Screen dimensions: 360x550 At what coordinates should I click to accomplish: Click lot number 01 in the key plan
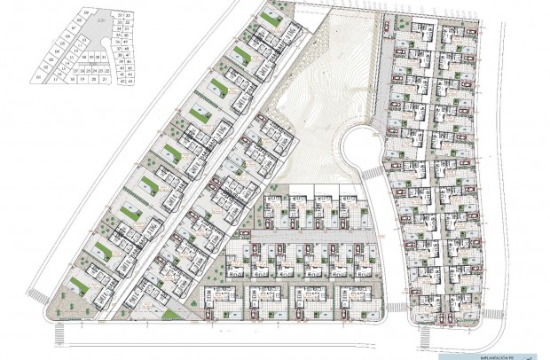pos(39,77)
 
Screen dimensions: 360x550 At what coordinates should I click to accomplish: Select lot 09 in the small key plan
pos(87,12)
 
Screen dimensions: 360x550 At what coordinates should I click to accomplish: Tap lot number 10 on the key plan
pos(84,40)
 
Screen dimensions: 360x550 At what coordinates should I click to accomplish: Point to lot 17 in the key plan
pos(55,79)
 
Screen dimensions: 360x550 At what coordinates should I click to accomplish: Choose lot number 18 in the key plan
pos(73,79)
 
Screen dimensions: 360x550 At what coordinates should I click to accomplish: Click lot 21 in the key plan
pos(105,79)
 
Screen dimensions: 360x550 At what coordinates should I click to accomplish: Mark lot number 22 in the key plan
pos(107,70)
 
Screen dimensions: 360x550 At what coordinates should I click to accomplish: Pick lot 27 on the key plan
pos(75,71)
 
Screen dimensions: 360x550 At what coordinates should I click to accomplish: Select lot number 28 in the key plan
pos(84,57)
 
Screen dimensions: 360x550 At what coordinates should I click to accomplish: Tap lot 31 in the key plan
pos(104,57)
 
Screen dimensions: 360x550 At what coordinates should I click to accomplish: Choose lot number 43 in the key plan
pos(130,82)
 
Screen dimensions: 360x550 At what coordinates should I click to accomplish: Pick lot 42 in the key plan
pos(122,82)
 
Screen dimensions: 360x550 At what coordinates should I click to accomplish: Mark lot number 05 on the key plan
pos(63,43)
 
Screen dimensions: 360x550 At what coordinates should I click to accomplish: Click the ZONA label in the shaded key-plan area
pos(100,20)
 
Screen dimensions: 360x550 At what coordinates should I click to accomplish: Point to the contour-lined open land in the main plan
pos(315,98)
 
